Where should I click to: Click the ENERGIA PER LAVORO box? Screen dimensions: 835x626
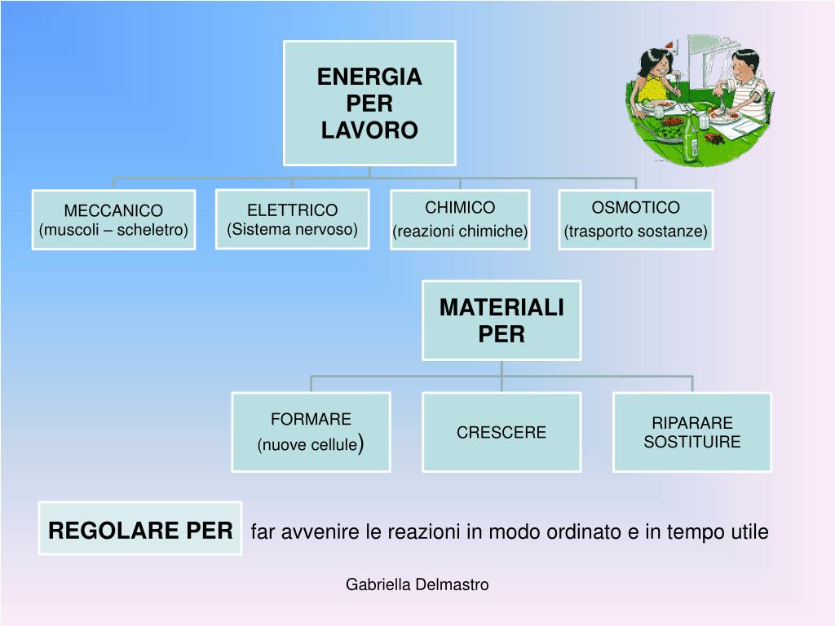tap(369, 103)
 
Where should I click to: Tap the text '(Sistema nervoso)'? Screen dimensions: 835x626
tap(292, 229)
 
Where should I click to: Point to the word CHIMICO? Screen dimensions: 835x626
tap(460, 207)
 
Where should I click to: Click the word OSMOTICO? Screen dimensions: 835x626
tap(635, 207)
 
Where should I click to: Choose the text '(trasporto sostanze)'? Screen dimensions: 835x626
tap(635, 231)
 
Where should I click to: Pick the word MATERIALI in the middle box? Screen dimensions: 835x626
tap(501, 307)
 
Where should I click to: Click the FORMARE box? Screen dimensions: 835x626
tap(311, 432)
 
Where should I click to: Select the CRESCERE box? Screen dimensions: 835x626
tap(501, 432)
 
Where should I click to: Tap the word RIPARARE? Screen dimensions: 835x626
tap(692, 423)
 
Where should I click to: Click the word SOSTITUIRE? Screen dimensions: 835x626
tap(692, 443)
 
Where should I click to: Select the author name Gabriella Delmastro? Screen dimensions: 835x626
tap(417, 584)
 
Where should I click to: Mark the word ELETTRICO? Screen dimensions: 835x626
tap(292, 211)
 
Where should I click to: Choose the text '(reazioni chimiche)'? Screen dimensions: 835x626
tap(460, 231)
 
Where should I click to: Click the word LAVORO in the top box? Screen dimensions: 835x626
tap(369, 130)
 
